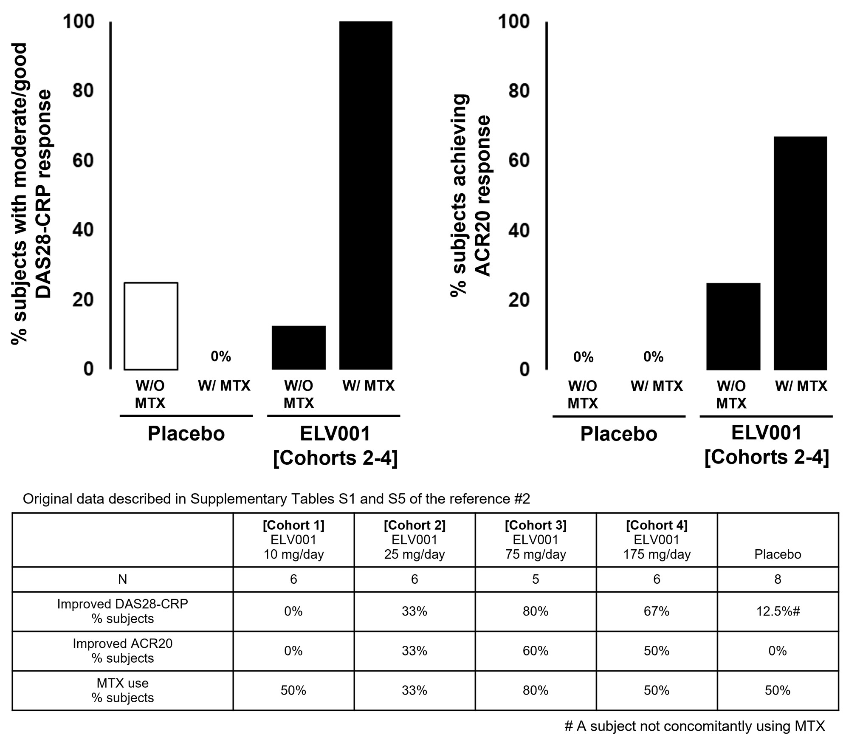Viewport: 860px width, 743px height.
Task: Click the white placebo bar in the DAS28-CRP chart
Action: pos(151,326)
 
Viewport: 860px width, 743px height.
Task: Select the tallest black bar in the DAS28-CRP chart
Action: pos(366,195)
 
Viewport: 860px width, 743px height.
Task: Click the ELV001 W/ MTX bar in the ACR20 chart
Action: pos(800,253)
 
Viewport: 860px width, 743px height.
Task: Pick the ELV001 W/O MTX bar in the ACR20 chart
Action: pos(733,326)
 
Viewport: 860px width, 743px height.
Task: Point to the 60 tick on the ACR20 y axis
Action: pos(519,161)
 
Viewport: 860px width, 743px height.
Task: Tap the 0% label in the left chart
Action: pos(221,356)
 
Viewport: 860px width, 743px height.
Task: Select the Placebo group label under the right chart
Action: pos(618,434)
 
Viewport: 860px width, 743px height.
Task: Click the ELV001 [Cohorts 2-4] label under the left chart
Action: pos(335,446)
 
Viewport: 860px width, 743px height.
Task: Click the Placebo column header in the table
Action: pos(778,554)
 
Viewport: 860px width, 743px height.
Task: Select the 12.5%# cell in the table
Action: pos(778,611)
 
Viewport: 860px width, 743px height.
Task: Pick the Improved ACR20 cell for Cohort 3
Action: pos(536,651)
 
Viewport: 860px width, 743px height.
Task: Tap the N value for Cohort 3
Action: pos(536,579)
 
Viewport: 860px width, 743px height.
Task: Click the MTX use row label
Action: pos(123,690)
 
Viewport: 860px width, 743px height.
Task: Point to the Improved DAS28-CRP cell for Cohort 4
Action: pos(657,611)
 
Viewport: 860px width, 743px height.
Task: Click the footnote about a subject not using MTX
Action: pos(694,726)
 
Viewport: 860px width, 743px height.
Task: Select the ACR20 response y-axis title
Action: pos(471,195)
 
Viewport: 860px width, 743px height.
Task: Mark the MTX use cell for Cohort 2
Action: pos(414,690)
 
